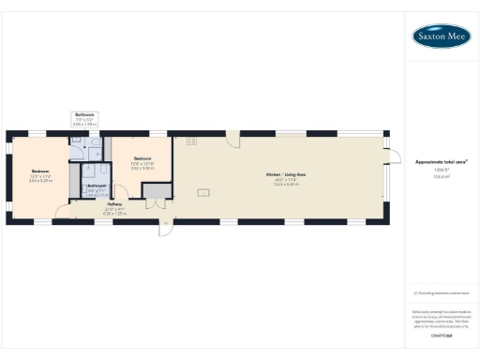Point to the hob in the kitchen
[x=190, y=142]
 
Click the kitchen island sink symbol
[x=202, y=192]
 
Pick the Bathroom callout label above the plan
[x=84, y=114]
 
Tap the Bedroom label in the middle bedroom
[x=142, y=158]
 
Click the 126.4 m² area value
[x=442, y=175]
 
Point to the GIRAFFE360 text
[x=442, y=334]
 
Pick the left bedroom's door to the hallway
[x=62, y=211]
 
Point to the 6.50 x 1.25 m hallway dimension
[x=114, y=214]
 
